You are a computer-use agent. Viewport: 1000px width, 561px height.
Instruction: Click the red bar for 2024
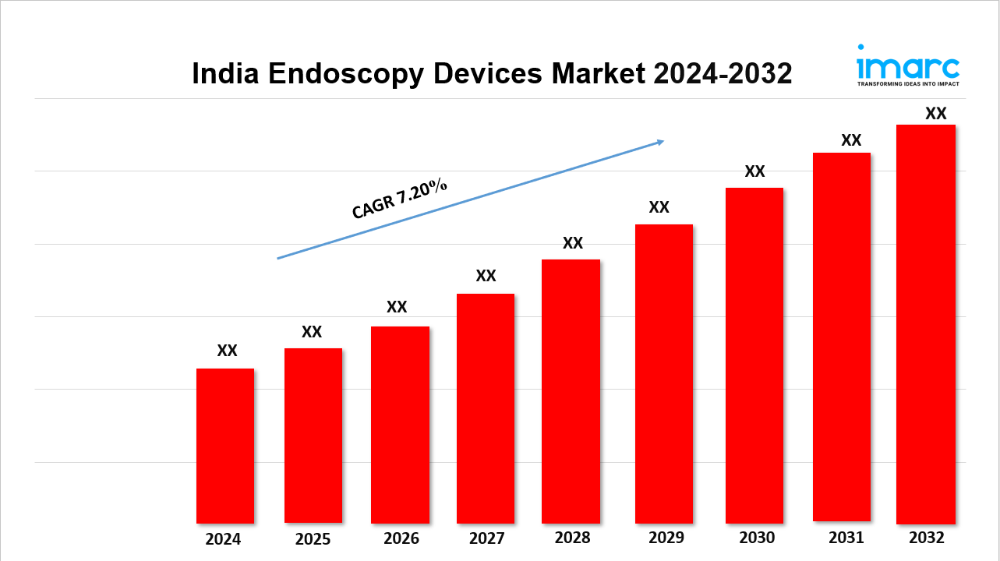click(x=225, y=446)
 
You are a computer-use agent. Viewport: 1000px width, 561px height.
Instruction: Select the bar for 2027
click(x=486, y=408)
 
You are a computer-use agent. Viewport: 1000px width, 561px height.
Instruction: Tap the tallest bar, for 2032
click(x=926, y=324)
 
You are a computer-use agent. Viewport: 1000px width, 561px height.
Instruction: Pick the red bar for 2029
click(x=664, y=374)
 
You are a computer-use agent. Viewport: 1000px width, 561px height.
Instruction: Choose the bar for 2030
click(x=754, y=355)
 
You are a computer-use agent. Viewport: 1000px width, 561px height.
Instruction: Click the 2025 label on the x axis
click(x=313, y=539)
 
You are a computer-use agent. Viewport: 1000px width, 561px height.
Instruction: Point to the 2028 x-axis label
click(x=572, y=538)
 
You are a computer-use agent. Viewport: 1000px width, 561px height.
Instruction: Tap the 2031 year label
click(x=846, y=538)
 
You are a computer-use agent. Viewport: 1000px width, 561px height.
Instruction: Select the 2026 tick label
click(x=401, y=538)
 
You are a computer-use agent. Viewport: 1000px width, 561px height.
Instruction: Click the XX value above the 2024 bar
click(x=227, y=351)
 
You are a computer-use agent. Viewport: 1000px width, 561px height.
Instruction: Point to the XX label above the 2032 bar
click(x=935, y=114)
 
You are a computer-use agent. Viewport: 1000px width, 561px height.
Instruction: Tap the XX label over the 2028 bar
click(x=573, y=243)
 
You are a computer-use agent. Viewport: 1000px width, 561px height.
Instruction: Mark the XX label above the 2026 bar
click(x=397, y=307)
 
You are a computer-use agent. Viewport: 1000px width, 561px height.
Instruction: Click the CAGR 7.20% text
click(x=399, y=198)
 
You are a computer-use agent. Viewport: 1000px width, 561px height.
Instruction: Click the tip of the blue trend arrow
click(x=663, y=141)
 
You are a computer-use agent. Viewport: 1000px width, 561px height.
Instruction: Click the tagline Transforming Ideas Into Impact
click(x=908, y=83)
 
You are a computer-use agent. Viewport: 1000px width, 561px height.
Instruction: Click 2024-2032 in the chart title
click(x=723, y=74)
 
